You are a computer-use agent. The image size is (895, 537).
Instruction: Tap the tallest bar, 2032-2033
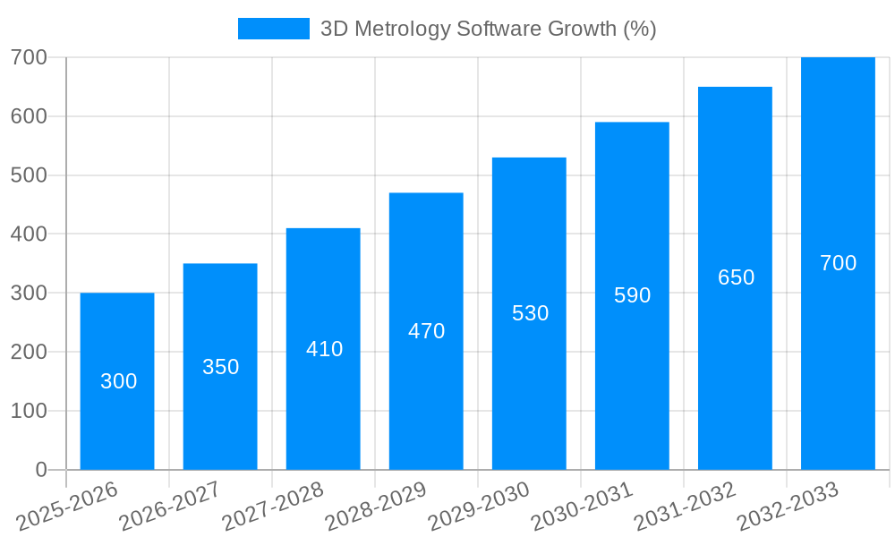click(838, 358)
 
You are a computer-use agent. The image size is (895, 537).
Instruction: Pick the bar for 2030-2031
click(632, 376)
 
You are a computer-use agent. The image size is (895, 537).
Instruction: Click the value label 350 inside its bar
click(220, 367)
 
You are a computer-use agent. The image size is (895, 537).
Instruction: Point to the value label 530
click(530, 313)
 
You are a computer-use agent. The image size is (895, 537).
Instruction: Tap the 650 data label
click(736, 277)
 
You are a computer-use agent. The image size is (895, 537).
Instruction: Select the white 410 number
click(324, 349)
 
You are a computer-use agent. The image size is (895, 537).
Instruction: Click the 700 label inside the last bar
click(838, 263)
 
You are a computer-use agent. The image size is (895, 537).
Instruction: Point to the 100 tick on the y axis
click(29, 411)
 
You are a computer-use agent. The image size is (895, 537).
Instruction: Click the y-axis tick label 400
click(29, 234)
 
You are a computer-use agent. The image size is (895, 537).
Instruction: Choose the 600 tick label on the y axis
click(29, 116)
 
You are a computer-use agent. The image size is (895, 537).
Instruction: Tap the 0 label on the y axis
click(41, 470)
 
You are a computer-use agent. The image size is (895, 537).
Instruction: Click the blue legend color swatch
click(273, 29)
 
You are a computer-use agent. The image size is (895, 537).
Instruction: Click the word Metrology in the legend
click(400, 29)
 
